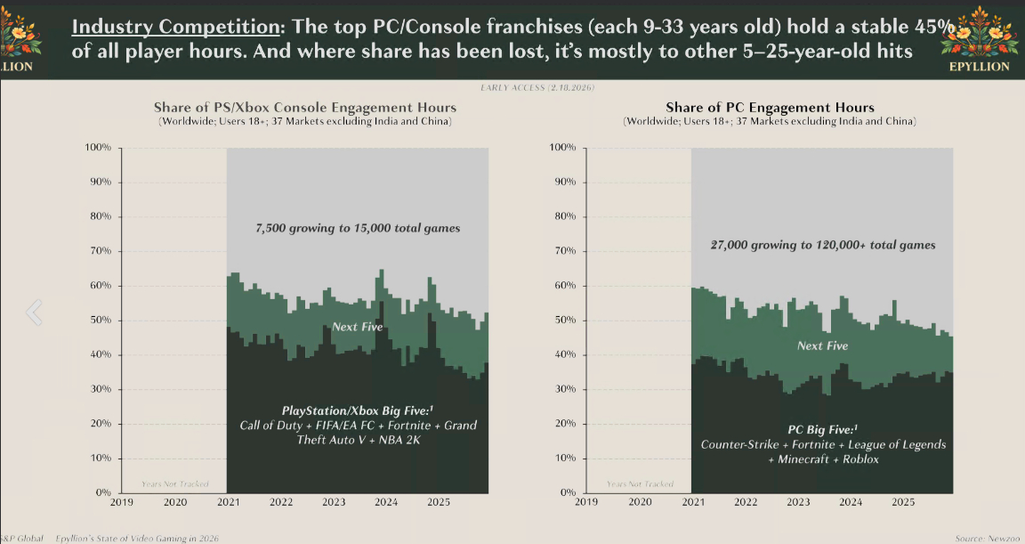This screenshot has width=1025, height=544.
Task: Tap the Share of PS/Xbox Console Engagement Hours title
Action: click(x=304, y=108)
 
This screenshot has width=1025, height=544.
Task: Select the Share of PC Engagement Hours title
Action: click(x=770, y=108)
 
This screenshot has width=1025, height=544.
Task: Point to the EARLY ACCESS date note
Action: click(x=537, y=88)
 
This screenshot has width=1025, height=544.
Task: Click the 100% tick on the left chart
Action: click(x=98, y=147)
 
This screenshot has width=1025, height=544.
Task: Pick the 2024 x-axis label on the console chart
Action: click(x=385, y=502)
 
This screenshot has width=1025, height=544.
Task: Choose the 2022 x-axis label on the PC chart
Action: click(x=745, y=502)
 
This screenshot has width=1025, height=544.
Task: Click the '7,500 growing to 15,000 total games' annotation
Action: click(x=358, y=228)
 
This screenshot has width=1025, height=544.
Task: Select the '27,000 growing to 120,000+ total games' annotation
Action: click(x=823, y=245)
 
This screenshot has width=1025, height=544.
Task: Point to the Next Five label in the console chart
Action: click(x=358, y=327)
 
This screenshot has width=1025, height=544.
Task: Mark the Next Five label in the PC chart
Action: click(x=822, y=345)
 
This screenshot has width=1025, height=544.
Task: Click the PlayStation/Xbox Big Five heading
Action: click(x=358, y=410)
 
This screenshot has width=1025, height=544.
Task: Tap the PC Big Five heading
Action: click(x=823, y=428)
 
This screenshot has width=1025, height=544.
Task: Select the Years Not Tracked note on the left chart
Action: click(x=175, y=484)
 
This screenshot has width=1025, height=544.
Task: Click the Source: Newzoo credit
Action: click(x=981, y=538)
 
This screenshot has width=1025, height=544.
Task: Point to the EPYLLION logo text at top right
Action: click(x=979, y=66)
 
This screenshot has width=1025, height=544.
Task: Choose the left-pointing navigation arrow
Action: click(x=34, y=312)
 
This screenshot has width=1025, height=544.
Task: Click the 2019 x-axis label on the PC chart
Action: click(x=586, y=502)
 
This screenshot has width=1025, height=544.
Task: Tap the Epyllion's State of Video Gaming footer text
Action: click(x=137, y=538)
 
